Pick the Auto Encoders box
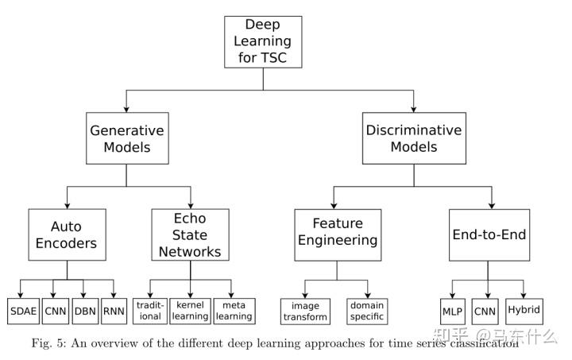click(67, 234)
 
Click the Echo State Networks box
click(191, 234)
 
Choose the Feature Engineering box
click(338, 234)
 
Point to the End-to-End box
click(488, 234)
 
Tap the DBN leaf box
click(84, 310)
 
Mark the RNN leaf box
click(114, 310)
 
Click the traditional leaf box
click(151, 310)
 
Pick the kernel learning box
click(191, 310)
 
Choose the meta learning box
click(234, 310)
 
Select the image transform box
click(306, 311)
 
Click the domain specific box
click(366, 311)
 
